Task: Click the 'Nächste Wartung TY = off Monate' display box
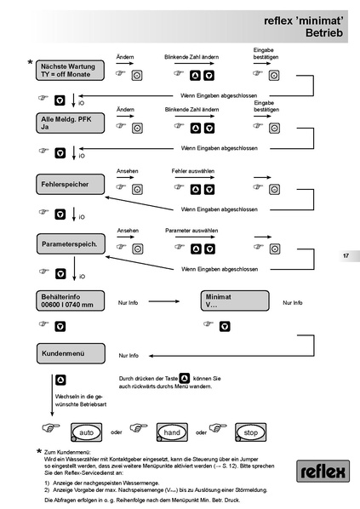pos(71,70)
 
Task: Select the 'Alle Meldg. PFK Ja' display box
pos(71,124)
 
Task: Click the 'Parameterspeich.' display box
pos(71,244)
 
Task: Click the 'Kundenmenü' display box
pos(71,352)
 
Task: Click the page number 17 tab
pos(346,255)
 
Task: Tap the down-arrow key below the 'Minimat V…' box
pos(225,325)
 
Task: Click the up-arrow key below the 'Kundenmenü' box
pos(60,379)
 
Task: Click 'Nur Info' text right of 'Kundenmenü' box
pos(129,355)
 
